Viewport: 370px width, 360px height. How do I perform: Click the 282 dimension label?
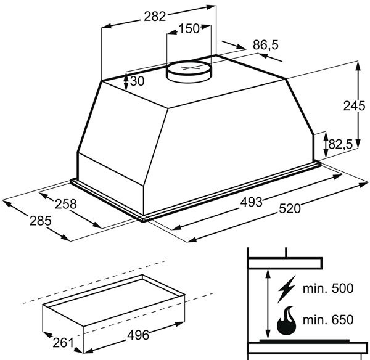point(155,17)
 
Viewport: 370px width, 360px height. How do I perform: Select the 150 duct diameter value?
point(189,28)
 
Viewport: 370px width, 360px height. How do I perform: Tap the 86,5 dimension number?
point(266,45)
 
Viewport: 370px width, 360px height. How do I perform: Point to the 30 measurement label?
point(137,81)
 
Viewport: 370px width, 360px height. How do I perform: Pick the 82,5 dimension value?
point(340,144)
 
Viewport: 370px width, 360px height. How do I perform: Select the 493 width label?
point(251,202)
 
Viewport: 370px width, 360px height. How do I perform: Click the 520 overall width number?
point(290,208)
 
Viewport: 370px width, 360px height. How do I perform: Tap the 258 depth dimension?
point(66,204)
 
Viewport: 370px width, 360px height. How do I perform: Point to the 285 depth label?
point(40,221)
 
